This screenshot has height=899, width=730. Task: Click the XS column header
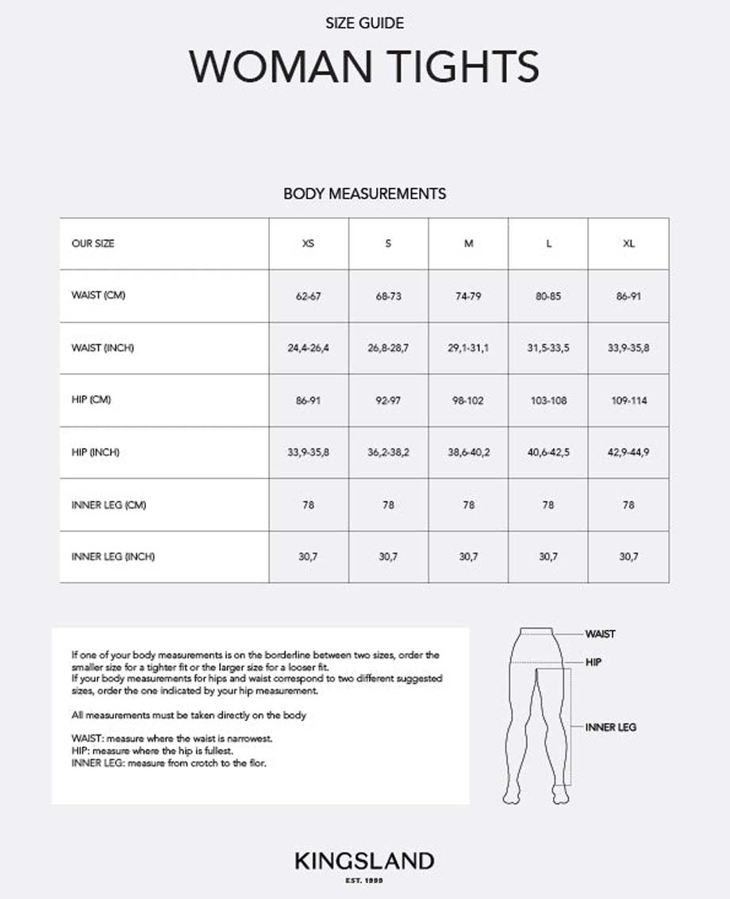(308, 244)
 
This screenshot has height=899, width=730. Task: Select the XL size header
(628, 244)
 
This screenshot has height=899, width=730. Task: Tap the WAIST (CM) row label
(98, 295)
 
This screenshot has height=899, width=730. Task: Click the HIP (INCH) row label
(94, 452)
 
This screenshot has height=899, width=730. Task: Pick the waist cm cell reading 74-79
(468, 296)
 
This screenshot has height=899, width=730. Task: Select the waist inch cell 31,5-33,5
(548, 348)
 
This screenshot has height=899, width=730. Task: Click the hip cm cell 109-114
(628, 400)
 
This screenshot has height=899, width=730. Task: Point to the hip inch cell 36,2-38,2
(388, 452)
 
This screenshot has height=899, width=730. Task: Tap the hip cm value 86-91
(308, 400)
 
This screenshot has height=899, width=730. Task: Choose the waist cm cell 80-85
(548, 296)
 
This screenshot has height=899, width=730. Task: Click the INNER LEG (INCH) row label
(113, 557)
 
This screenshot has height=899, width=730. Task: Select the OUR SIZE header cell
(93, 244)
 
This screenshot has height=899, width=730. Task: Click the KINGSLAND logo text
(364, 862)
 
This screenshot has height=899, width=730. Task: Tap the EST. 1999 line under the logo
(364, 881)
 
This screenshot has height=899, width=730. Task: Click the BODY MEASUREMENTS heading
(364, 194)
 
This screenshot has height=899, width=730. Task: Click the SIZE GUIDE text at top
(364, 23)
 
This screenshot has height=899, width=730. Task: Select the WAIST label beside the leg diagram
(600, 634)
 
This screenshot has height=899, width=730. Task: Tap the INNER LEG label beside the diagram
(610, 727)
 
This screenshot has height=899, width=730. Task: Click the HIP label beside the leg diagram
(594, 662)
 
